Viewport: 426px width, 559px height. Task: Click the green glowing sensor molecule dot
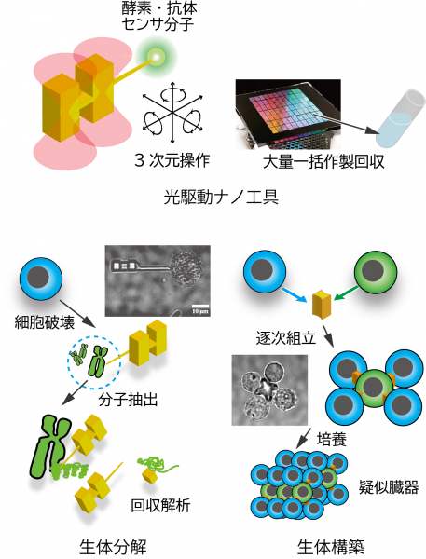(156, 57)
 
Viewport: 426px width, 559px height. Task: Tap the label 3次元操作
(172, 161)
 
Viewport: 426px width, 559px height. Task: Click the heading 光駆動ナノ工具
(221, 198)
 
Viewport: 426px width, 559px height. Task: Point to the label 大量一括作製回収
(323, 162)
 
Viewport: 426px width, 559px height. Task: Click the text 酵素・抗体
(158, 8)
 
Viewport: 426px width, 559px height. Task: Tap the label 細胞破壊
(45, 322)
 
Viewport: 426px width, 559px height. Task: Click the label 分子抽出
(128, 400)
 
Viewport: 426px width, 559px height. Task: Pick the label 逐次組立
(286, 337)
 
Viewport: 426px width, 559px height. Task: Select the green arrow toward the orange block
(347, 292)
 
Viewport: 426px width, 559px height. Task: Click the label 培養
(332, 440)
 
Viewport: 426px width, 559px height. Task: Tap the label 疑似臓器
(389, 487)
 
